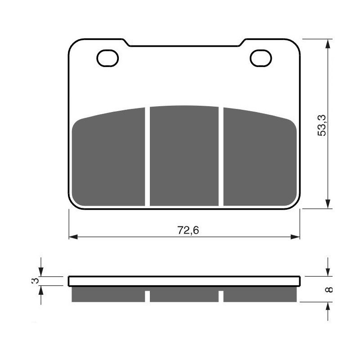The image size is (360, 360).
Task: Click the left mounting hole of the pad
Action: tap(108, 58)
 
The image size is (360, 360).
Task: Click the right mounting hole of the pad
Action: tap(261, 58)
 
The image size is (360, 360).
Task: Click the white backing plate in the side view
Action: tap(184, 281)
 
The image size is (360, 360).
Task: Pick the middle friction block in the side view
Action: tap(184, 294)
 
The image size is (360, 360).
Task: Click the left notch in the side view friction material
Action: tap(148, 297)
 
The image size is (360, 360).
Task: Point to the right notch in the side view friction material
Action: tap(221, 297)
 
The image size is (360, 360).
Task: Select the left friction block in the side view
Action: tap(108, 294)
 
